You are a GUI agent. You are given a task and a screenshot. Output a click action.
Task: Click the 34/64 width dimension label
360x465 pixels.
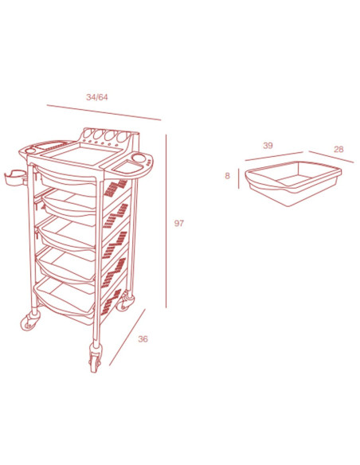point(97,97)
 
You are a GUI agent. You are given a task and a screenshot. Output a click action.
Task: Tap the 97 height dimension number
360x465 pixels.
point(179,223)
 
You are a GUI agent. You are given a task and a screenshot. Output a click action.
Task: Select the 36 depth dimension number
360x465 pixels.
point(143,339)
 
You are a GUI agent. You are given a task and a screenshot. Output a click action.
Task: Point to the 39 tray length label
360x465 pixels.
point(268,146)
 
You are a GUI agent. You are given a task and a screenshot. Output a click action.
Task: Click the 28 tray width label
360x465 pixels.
point(338,149)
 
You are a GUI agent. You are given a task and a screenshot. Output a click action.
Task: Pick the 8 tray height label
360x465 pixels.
point(228,176)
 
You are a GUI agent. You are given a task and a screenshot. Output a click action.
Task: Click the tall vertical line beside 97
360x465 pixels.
point(166,221)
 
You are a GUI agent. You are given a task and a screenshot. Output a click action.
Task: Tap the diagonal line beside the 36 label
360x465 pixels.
point(127,337)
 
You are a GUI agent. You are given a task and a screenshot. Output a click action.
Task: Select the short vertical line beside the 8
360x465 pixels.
point(238,178)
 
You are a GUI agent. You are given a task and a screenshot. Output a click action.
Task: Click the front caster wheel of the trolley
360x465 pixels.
point(95,359)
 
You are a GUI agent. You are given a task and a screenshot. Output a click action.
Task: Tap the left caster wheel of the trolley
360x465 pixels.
point(30,322)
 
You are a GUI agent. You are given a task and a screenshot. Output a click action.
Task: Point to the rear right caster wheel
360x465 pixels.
point(124,303)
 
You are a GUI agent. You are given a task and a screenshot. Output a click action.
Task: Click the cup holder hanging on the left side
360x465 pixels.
point(15,178)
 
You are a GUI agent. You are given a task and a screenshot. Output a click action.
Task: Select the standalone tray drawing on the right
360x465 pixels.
point(293,183)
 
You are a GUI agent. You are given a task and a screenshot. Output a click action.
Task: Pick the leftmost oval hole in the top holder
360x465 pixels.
point(88,134)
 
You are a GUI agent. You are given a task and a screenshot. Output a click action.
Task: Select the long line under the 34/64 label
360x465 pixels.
point(104,112)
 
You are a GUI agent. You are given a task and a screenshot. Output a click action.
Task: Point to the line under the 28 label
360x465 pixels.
point(331,157)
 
